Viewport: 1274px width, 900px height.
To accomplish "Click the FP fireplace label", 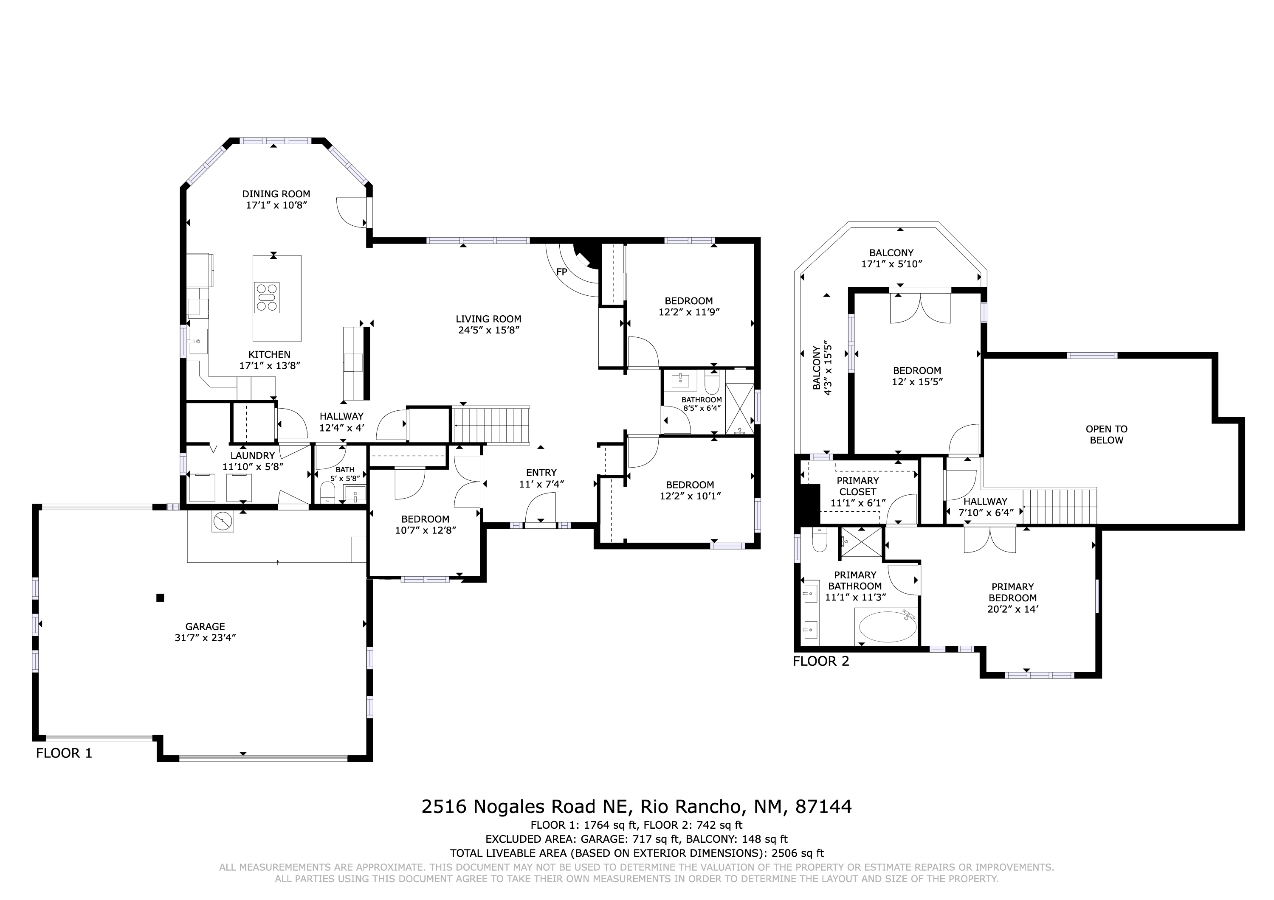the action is pos(561,272).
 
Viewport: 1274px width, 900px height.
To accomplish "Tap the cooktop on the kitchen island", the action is pos(267,298).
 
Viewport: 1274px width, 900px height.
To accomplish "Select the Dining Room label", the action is pos(276,194).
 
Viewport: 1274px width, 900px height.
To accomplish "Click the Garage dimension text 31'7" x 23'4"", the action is pos(205,638).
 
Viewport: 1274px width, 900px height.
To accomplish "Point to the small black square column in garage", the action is pos(161,598).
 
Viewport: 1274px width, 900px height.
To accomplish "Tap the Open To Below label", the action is pos(1106,434).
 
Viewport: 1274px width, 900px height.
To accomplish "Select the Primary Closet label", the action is pos(858,486).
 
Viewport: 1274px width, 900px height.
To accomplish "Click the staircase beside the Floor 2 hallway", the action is pos(1060,506).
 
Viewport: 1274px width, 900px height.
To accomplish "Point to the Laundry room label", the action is pos(253,456).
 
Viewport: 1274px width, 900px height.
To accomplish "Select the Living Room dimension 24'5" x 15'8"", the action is pos(488,330).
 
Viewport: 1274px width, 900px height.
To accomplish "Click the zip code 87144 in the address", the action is pos(823,806).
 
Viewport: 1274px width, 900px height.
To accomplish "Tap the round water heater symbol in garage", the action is pos(223,521).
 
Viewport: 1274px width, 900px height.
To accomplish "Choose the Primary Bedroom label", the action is pos(1013,592).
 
